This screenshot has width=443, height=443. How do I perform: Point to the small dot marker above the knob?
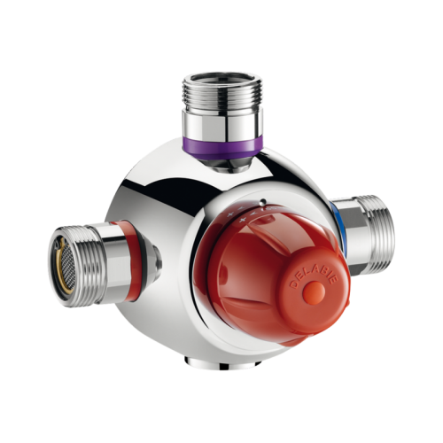click(x=263, y=201)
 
